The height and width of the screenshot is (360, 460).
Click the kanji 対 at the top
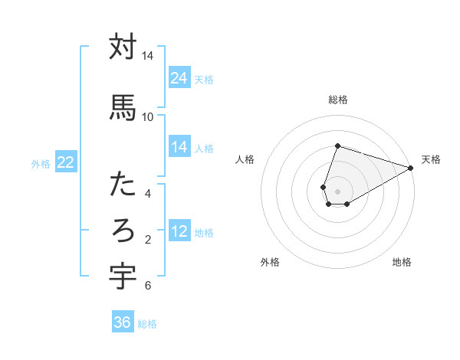click(x=123, y=47)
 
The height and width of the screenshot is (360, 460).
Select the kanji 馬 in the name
click(x=123, y=106)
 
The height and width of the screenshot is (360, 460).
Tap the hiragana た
click(x=123, y=185)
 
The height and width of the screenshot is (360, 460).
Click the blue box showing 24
click(x=179, y=78)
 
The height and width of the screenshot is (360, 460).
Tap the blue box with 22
click(x=66, y=162)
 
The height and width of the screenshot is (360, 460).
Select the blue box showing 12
click(x=179, y=231)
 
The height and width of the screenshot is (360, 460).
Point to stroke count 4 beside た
click(x=148, y=194)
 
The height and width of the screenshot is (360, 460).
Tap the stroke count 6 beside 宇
click(x=148, y=286)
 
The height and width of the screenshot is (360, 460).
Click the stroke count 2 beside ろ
click(x=148, y=240)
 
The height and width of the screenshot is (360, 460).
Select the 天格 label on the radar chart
click(x=431, y=159)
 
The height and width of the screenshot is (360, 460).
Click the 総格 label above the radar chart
click(x=338, y=100)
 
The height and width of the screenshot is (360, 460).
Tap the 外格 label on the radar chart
click(x=270, y=262)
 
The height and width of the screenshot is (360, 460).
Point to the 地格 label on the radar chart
click(x=402, y=262)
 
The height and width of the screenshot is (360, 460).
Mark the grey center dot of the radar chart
click(x=338, y=191)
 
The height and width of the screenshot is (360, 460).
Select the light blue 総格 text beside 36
click(x=147, y=324)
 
